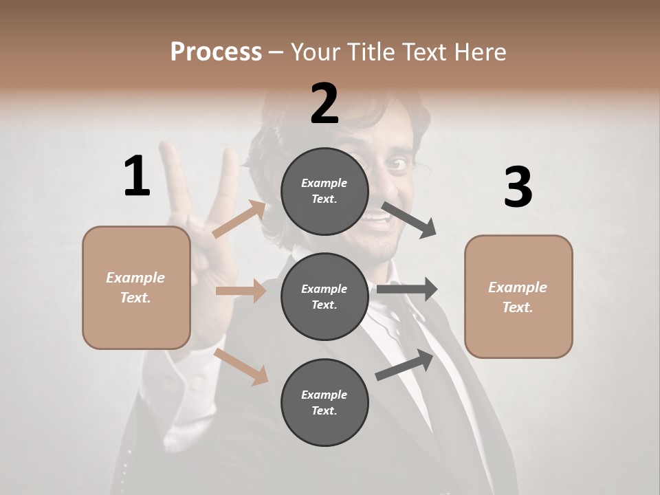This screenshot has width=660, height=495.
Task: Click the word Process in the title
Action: [216, 52]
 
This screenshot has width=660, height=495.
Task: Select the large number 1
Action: [137, 176]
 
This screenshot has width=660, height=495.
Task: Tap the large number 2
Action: [324, 104]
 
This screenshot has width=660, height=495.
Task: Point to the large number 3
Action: [518, 188]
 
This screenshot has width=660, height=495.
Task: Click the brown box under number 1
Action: [136, 287]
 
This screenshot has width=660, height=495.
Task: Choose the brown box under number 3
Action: [518, 296]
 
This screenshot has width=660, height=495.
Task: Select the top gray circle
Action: [324, 191]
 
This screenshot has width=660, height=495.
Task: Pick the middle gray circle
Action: [324, 296]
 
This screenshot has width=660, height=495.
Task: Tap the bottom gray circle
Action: [324, 402]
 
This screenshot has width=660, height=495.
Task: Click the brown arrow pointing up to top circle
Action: [239, 219]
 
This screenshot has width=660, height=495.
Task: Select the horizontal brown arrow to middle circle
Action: [241, 291]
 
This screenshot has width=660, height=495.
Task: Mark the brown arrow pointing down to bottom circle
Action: [241, 366]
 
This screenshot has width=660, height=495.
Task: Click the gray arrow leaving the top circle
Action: [409, 219]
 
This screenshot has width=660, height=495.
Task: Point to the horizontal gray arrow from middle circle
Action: [406, 289]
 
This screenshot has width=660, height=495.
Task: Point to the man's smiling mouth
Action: [377, 220]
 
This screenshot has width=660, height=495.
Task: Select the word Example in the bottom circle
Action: [324, 395]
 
